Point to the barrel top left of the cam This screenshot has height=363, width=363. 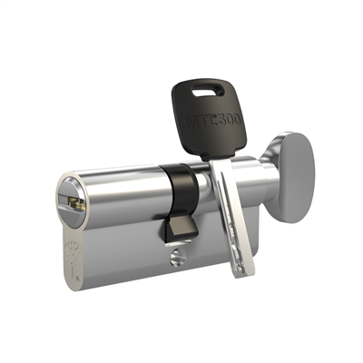(x=118, y=181)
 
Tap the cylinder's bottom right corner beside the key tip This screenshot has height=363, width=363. (x=250, y=259)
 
